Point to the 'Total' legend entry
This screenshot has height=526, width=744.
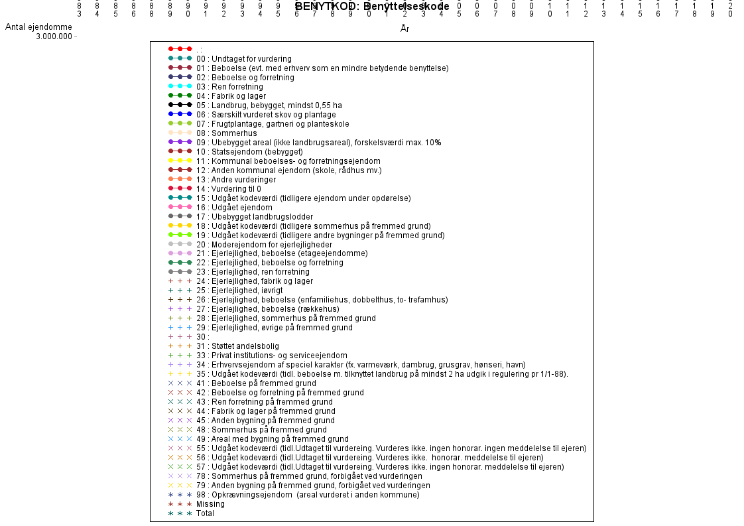tap(205, 513)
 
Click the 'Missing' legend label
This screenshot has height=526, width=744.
tap(210, 504)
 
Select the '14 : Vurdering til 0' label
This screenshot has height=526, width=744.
tap(235, 189)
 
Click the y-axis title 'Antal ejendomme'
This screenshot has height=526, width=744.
tap(38, 27)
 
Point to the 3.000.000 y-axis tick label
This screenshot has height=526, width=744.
tap(54, 36)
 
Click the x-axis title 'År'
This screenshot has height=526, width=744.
tap(404, 29)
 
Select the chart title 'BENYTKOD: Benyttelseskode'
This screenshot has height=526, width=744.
tap(372, 7)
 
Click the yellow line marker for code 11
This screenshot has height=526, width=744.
tap(180, 161)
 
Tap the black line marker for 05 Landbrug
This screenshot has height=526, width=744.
tap(180, 105)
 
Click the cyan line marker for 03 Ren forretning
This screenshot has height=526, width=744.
tap(180, 87)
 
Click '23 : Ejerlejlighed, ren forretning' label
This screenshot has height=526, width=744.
tap(253, 272)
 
